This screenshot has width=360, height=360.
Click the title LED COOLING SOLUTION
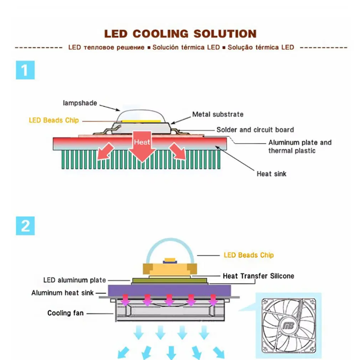click(180, 34)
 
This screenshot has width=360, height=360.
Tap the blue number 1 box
click(25, 70)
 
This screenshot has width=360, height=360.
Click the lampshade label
click(80, 103)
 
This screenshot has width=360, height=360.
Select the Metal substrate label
click(218, 114)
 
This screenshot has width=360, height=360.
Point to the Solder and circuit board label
click(255, 130)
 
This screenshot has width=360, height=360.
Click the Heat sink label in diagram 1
click(271, 174)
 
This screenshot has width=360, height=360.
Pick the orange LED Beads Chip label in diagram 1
click(54, 120)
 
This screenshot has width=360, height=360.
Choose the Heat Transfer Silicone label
click(258, 276)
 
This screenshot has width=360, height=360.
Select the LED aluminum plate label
click(74, 280)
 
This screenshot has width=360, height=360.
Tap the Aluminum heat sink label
click(62, 293)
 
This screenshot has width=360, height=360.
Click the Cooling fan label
click(66, 313)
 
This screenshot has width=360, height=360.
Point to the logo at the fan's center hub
click(288, 325)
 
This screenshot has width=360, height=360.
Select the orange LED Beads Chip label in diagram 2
click(248, 255)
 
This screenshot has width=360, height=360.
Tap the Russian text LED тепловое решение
click(106, 47)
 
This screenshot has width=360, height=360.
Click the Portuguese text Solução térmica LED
click(261, 47)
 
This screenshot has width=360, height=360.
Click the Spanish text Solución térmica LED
click(186, 47)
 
